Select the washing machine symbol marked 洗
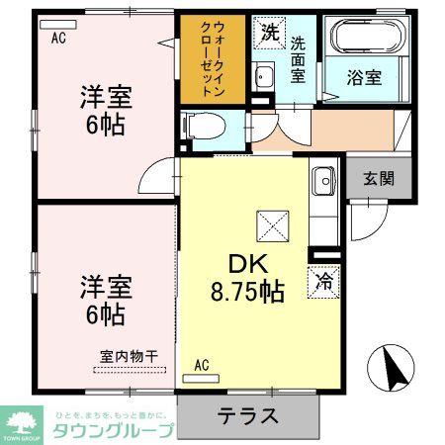(269, 33)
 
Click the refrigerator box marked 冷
(323, 280)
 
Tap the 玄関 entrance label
(377, 179)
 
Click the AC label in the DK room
(203, 365)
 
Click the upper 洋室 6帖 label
(104, 113)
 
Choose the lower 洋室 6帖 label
(104, 301)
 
